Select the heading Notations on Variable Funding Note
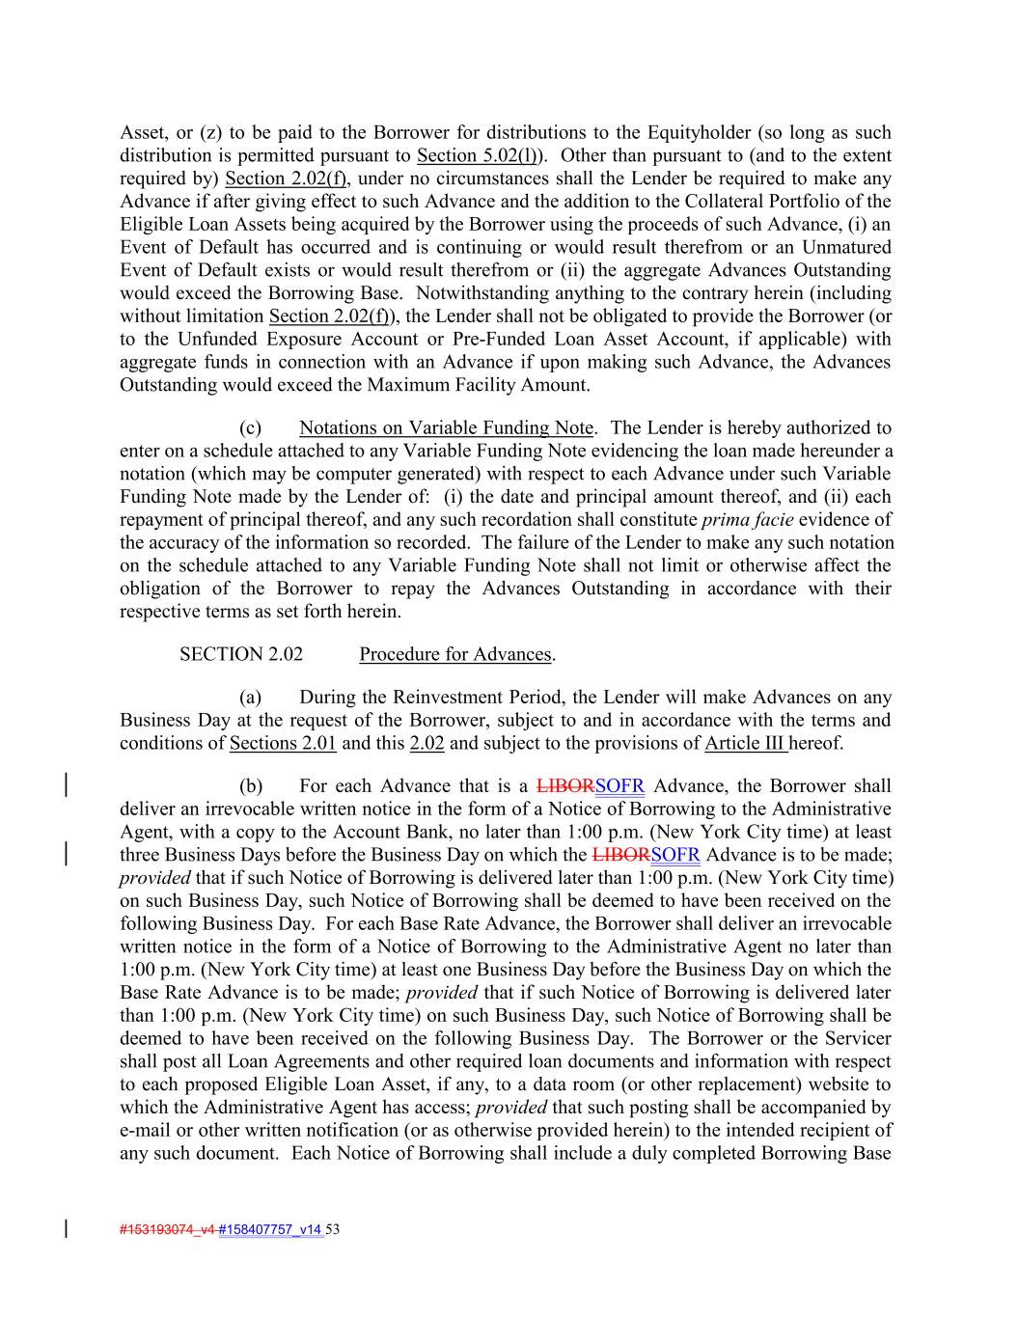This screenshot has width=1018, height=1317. pyautogui.click(x=447, y=427)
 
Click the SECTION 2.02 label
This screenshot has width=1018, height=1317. pyautogui.click(x=241, y=654)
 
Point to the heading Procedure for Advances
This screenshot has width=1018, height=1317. pyautogui.click(x=455, y=654)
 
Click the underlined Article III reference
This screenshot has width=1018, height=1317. pyautogui.click(x=745, y=743)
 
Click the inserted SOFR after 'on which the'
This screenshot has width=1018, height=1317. pyautogui.click(x=675, y=855)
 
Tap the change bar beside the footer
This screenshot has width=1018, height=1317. pyautogui.click(x=66, y=1229)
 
